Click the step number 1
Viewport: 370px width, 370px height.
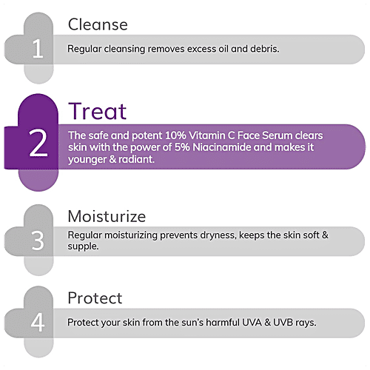(x=37, y=49)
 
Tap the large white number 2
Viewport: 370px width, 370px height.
(x=38, y=146)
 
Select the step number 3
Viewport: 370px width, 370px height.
(x=37, y=241)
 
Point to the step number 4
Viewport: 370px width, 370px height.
(x=37, y=323)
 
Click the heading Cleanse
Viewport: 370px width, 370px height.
(x=98, y=24)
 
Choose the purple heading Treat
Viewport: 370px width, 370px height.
(x=97, y=111)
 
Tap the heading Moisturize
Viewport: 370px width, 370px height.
(x=107, y=217)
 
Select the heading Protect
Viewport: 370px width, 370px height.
(x=95, y=298)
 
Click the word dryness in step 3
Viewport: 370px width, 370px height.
(x=215, y=235)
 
